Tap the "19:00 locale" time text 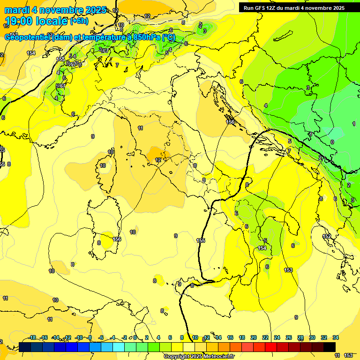tap(36, 21)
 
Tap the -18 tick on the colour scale tap(32, 337)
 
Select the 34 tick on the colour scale tap(336, 337)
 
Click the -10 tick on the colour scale tap(79, 337)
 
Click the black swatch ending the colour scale tap(330, 347)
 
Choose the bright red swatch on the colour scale tap(271, 347)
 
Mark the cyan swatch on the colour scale tap(119, 347)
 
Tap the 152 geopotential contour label tap(327, 236)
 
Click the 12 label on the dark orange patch tap(158, 160)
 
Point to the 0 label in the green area tap(332, 142)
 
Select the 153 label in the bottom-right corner tap(348, 356)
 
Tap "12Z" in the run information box tap(271, 8)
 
